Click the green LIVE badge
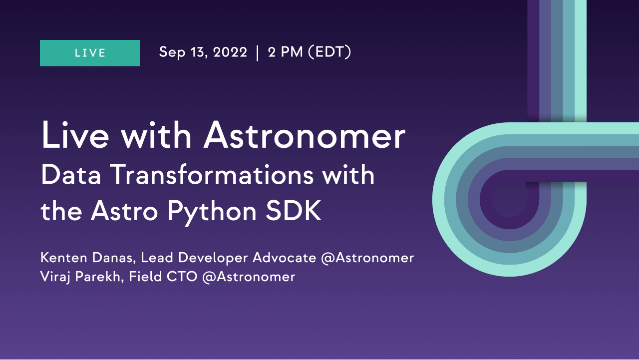click(x=90, y=53)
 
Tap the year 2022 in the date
click(x=230, y=52)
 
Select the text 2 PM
click(x=285, y=52)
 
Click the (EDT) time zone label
click(x=330, y=52)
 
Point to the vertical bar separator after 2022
click(x=258, y=53)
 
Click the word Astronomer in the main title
click(x=304, y=135)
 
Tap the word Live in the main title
click(x=75, y=135)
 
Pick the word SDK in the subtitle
click(x=294, y=211)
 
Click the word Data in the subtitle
click(x=71, y=174)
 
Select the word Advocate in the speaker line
click(x=285, y=258)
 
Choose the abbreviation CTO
click(x=182, y=277)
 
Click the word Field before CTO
click(x=145, y=276)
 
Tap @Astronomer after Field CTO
click(x=249, y=277)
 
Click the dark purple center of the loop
click(x=510, y=200)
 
